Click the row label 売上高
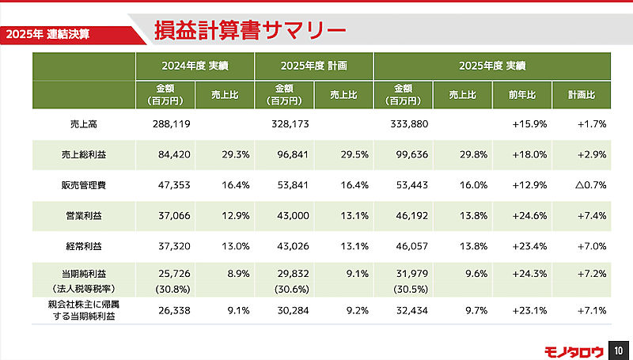point(83,123)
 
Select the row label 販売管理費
point(83,184)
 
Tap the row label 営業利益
point(83,215)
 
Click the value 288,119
point(171,123)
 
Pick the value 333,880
point(410,123)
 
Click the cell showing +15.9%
point(529,123)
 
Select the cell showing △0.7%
point(588,184)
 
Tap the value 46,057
point(410,246)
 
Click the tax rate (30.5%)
point(410,288)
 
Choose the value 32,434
point(410,310)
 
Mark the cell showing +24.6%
point(529,215)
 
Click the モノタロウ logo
point(573,350)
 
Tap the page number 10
point(620,350)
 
